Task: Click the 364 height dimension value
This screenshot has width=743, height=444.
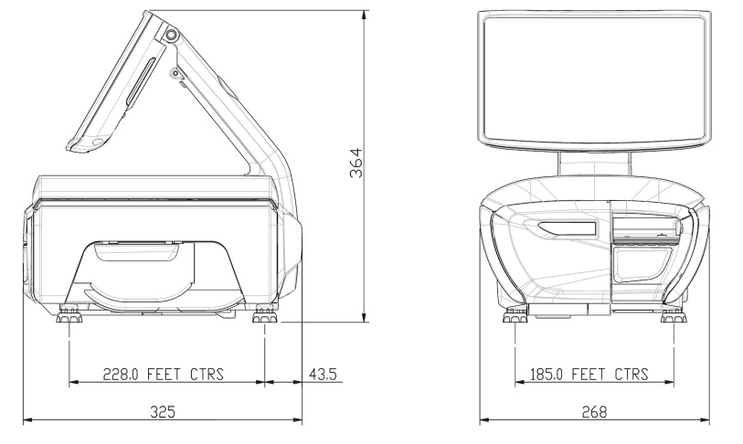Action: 356,163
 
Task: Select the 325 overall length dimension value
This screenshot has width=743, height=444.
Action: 163,412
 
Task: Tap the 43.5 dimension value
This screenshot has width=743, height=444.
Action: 323,375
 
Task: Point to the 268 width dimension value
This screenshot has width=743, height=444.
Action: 594,412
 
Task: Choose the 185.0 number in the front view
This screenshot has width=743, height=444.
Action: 547,375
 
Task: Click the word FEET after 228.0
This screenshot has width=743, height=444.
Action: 164,375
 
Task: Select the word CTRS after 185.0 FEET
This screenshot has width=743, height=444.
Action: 632,375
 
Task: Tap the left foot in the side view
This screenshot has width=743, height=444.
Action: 69,314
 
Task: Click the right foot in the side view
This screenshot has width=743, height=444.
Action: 264,314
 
